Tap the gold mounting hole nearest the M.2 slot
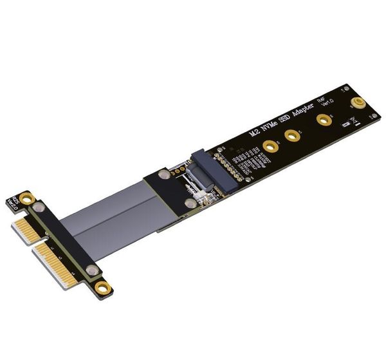point(270,150)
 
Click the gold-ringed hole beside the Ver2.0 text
point(26,198)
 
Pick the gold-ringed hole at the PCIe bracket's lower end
point(102,288)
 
